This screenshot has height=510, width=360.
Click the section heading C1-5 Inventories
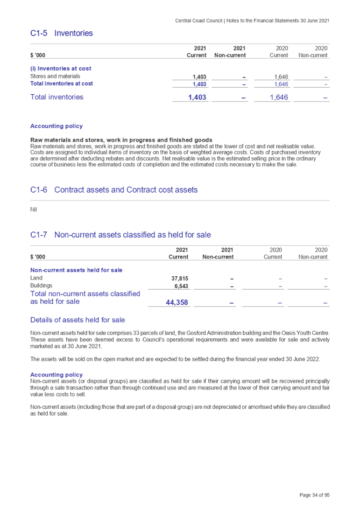(61, 33)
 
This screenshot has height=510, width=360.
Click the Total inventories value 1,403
(197, 97)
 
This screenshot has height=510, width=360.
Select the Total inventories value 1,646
(279, 97)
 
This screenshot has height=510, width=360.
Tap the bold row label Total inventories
(57, 97)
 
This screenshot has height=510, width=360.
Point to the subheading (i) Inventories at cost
(60, 68)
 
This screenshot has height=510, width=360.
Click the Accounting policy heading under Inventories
(57, 126)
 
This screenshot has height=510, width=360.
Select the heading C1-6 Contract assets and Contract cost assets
(114, 190)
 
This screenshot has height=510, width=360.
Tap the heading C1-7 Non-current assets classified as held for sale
(121, 235)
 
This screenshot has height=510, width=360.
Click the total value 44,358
(176, 303)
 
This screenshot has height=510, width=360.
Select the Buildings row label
(41, 285)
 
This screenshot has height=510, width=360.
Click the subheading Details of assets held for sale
(77, 320)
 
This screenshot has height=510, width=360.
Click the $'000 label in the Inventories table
(38, 55)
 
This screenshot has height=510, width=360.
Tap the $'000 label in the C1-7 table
(38, 257)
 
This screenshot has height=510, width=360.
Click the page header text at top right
(252, 20)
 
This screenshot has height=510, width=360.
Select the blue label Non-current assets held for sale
(76, 270)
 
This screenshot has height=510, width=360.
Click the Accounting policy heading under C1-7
(57, 374)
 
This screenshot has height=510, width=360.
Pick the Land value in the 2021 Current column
(179, 278)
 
